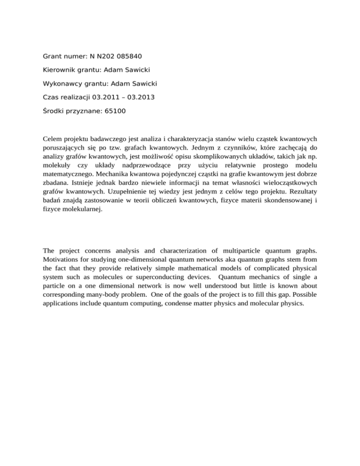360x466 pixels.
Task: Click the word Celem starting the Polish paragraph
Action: (52, 139)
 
